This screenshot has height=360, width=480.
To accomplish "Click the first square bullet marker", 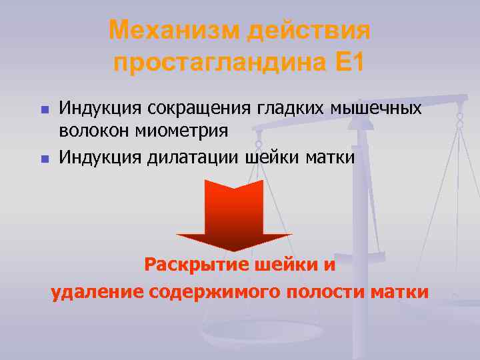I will click(44, 108).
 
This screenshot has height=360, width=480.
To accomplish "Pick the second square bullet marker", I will click(44, 159).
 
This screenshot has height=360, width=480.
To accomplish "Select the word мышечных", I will click(380, 107).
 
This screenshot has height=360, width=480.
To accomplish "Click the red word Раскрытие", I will click(197, 265).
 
